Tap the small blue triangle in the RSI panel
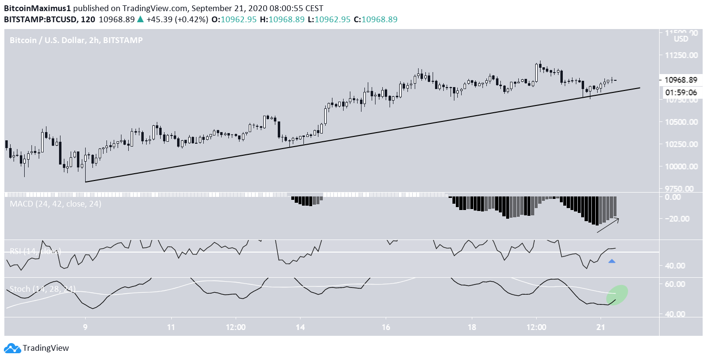click(x=612, y=261)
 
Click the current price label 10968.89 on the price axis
click(x=680, y=80)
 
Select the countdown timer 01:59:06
click(x=680, y=92)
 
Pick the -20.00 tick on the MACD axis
click(x=677, y=219)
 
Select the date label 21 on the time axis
click(x=600, y=327)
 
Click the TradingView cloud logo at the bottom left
click(x=13, y=348)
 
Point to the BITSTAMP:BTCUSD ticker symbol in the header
click(x=36, y=19)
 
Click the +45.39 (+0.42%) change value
click(x=173, y=19)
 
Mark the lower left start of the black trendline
click(x=86, y=182)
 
